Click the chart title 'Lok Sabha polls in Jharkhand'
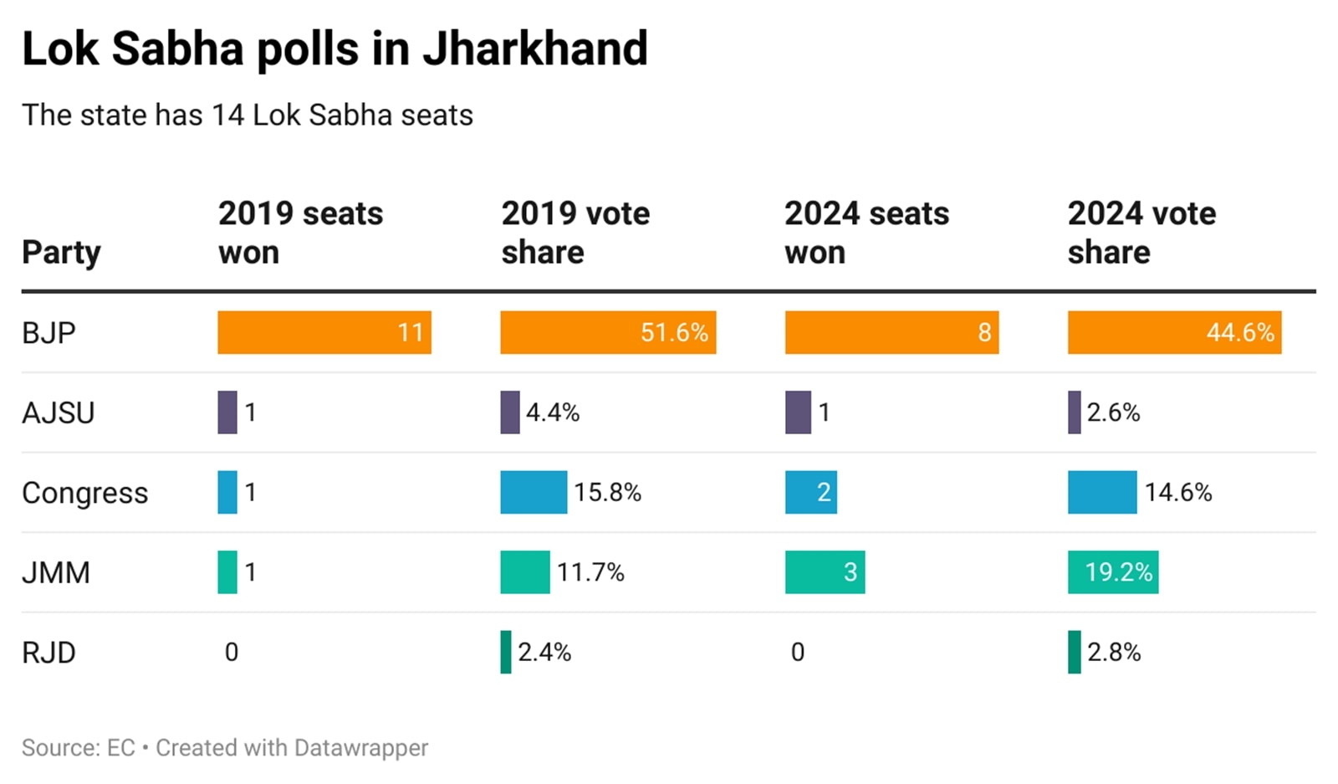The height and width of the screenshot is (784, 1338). pyautogui.click(x=334, y=49)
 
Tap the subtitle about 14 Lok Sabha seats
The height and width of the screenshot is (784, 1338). pyautogui.click(x=248, y=115)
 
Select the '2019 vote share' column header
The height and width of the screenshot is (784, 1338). pyautogui.click(x=575, y=233)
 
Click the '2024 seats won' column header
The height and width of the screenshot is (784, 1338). pyautogui.click(x=866, y=233)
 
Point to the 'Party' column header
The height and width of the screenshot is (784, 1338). pyautogui.click(x=61, y=253)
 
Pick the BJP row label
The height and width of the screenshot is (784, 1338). pyautogui.click(x=49, y=333)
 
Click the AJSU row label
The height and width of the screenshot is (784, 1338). pyautogui.click(x=58, y=412)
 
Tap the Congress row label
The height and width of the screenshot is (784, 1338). pyautogui.click(x=84, y=493)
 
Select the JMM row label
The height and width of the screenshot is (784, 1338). pyautogui.click(x=55, y=572)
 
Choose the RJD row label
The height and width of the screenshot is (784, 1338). pyautogui.click(x=49, y=653)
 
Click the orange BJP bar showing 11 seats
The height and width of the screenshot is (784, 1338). pyautogui.click(x=324, y=333)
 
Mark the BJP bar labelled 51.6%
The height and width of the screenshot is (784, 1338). pyautogui.click(x=608, y=333)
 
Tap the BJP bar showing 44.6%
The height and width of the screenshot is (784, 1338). pyautogui.click(x=1174, y=333)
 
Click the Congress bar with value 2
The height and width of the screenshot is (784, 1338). pyautogui.click(x=810, y=492)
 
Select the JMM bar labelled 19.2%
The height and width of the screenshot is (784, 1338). pyautogui.click(x=1113, y=572)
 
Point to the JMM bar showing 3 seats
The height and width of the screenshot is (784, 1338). pyautogui.click(x=825, y=572)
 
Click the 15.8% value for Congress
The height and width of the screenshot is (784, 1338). pyautogui.click(x=607, y=493)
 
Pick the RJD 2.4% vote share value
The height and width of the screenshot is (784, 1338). pyautogui.click(x=544, y=653)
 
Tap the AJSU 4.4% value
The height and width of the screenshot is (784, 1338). pyautogui.click(x=553, y=412)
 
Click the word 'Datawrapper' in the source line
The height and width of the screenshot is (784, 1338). pyautogui.click(x=361, y=748)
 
